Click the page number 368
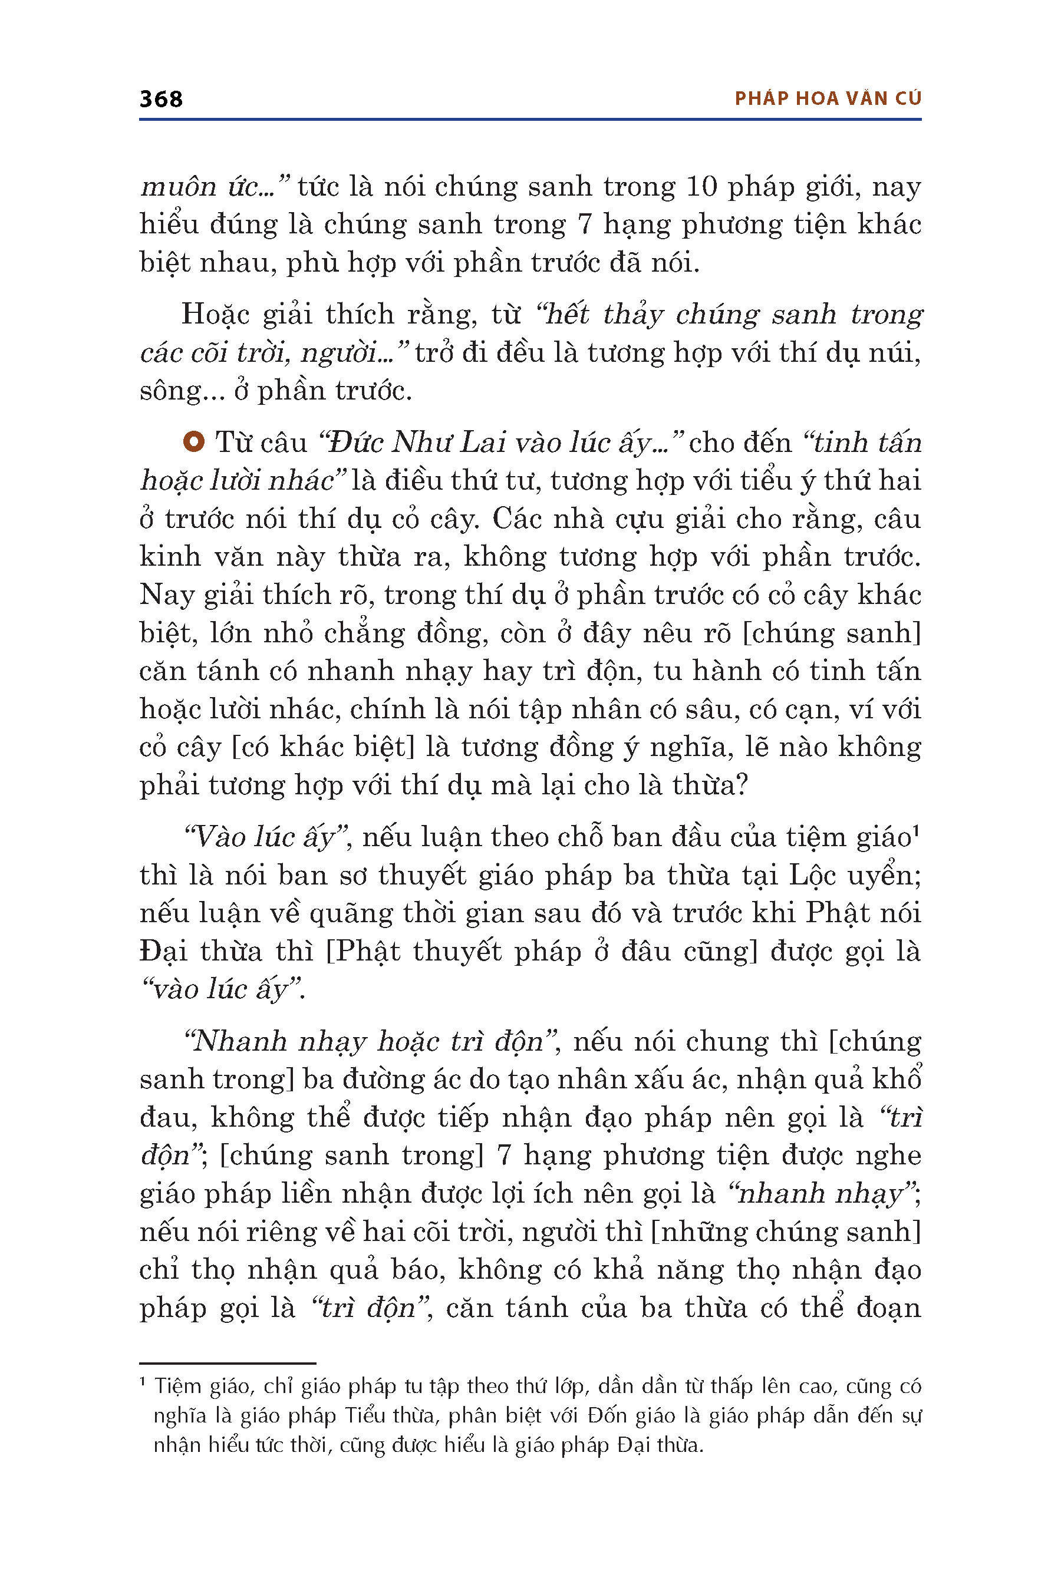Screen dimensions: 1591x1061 [160, 99]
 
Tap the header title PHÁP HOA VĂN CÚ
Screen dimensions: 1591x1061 [828, 99]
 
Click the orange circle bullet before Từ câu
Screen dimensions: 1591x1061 [193, 443]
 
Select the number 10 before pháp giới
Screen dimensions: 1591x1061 [701, 187]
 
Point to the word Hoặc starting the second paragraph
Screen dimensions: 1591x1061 [215, 315]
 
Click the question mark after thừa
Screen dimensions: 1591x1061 [742, 785]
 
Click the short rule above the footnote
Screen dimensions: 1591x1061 [228, 1363]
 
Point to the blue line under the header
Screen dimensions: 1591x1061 [530, 120]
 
